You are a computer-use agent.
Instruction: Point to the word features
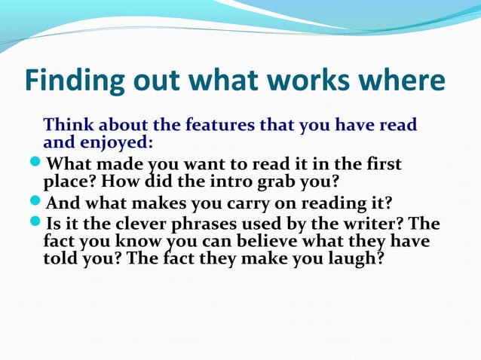click(x=216, y=125)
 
